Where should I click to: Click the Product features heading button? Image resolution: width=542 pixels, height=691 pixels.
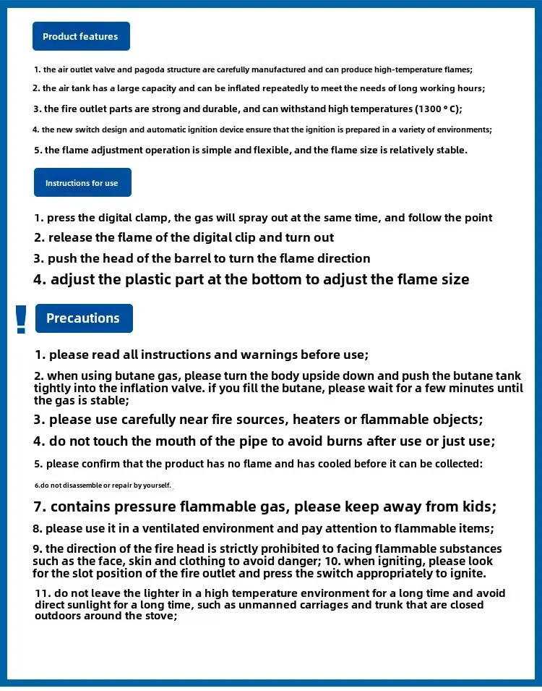point(80,36)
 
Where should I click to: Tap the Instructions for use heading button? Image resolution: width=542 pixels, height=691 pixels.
point(82,183)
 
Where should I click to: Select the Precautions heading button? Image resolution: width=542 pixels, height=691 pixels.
point(83,318)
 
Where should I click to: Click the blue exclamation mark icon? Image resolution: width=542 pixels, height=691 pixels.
point(21,319)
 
